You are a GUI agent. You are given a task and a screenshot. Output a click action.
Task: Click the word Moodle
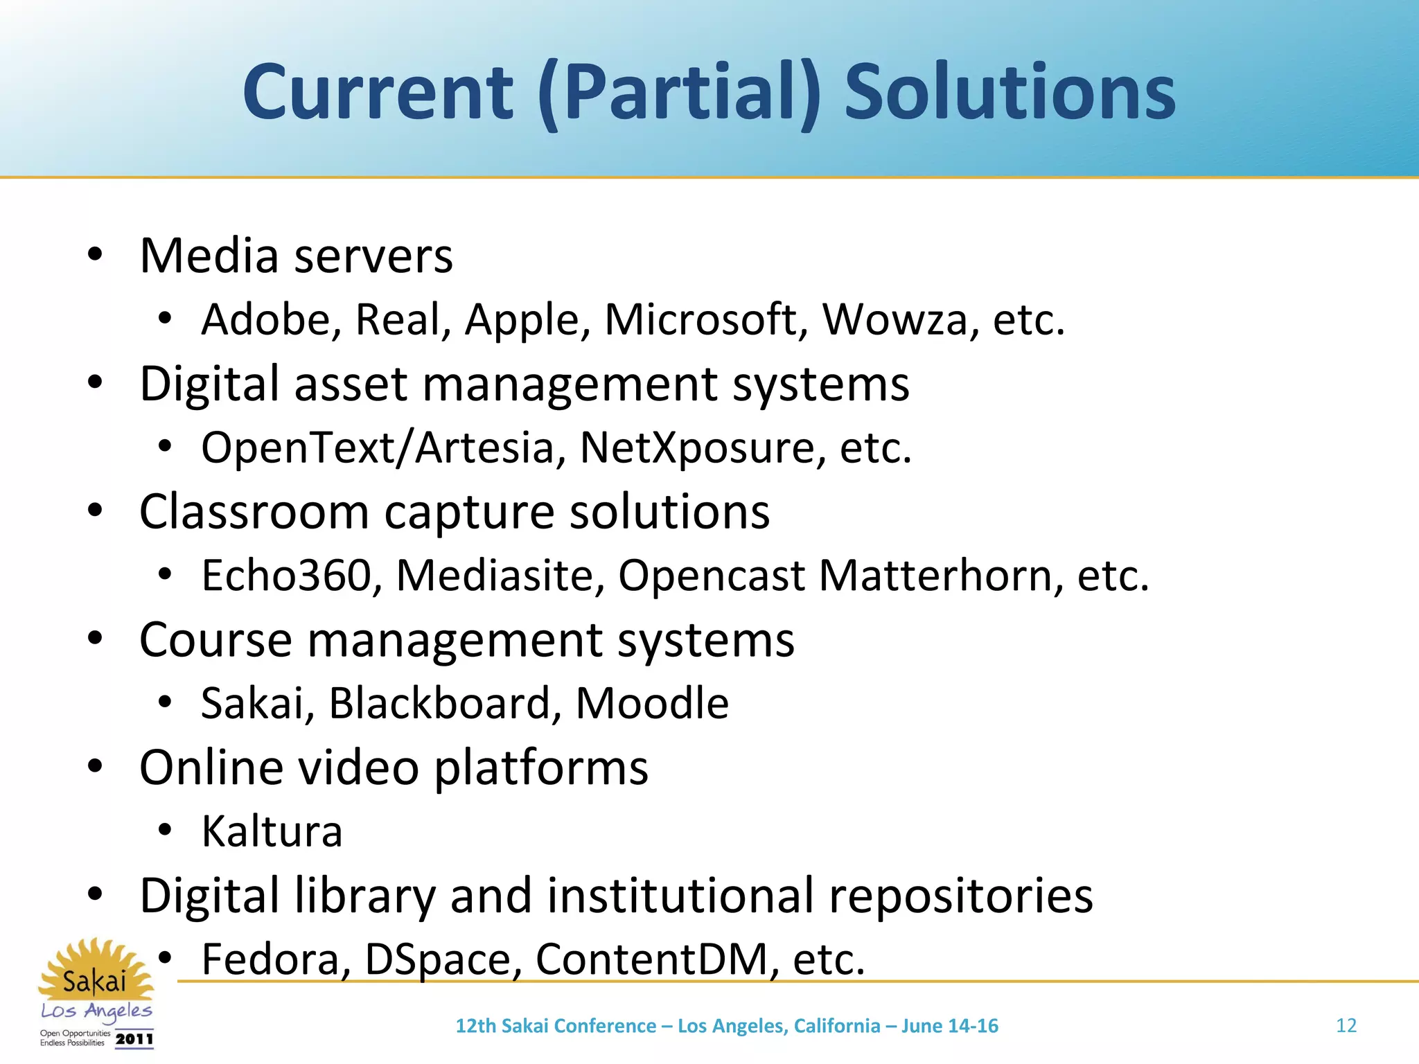[x=652, y=703]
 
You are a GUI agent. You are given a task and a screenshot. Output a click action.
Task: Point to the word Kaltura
[x=272, y=831]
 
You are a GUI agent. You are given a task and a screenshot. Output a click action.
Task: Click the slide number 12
[x=1346, y=1025]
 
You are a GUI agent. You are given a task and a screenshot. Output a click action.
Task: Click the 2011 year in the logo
[x=134, y=1038]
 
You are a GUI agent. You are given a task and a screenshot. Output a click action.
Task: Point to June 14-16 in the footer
[x=949, y=1026]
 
